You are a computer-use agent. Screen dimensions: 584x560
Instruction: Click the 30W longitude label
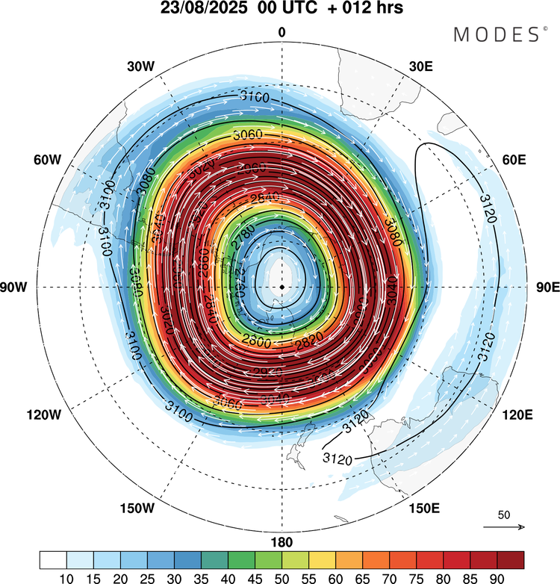click(140, 66)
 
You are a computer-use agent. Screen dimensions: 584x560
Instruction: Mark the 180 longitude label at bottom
click(281, 542)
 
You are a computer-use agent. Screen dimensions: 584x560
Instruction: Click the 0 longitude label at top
click(281, 32)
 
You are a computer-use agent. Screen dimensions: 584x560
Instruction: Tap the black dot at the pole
click(281, 287)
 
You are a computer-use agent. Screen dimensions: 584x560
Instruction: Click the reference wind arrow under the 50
click(504, 527)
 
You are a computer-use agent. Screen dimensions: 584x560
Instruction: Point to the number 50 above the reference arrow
click(504, 515)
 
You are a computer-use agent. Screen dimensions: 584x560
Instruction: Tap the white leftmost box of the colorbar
click(54, 560)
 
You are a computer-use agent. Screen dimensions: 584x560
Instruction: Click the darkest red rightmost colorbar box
click(510, 560)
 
